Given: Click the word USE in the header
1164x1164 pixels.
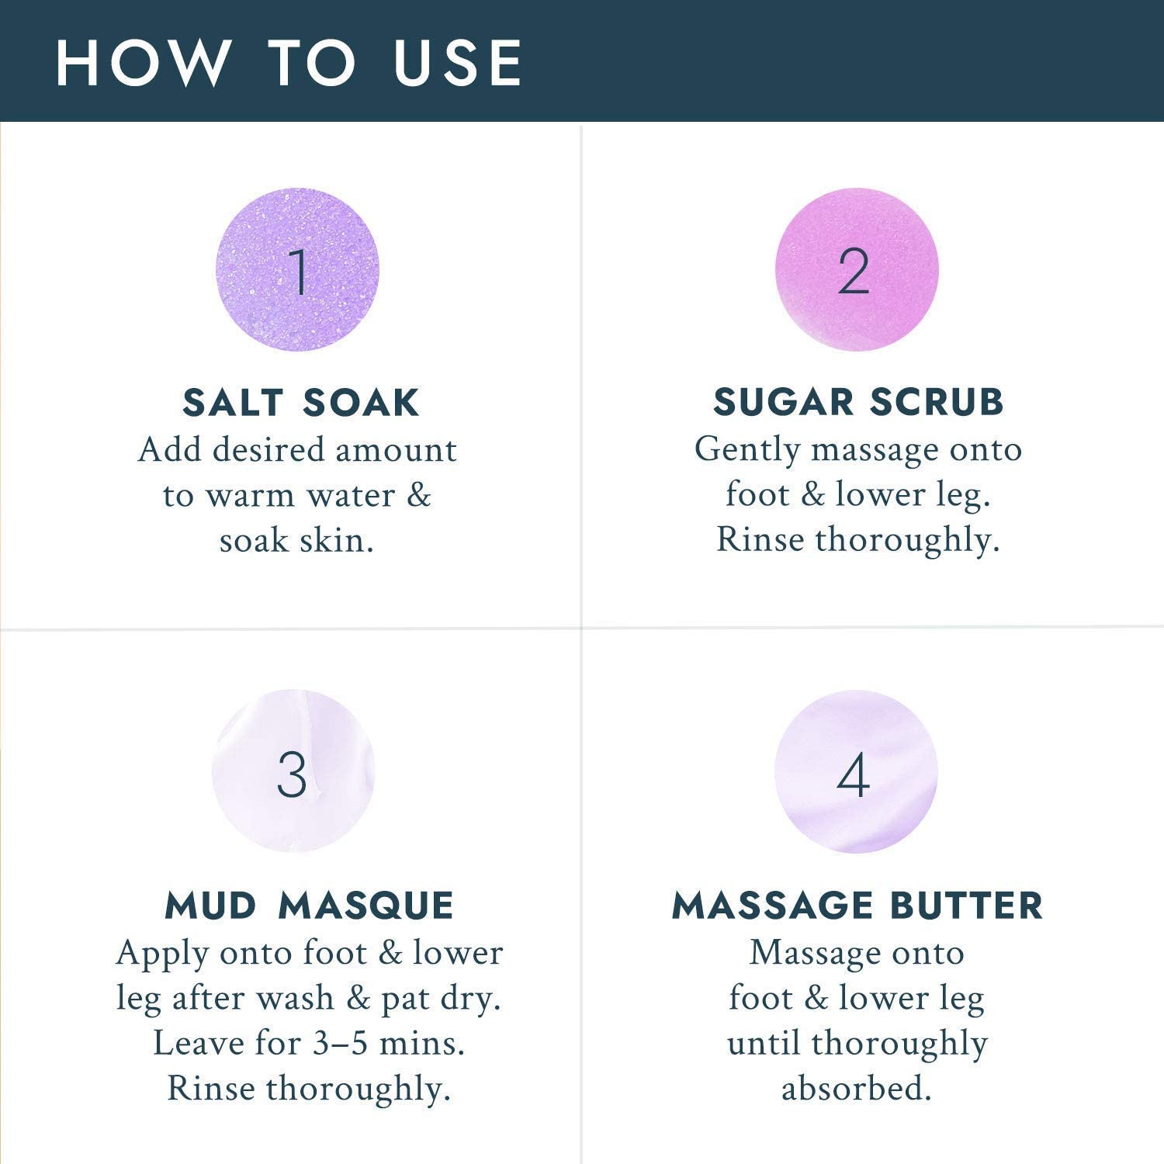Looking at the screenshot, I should (458, 62).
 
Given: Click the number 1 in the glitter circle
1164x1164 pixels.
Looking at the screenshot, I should (298, 271).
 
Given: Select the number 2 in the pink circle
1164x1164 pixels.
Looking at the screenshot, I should (854, 271).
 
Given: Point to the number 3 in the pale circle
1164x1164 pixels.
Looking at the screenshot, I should (292, 774).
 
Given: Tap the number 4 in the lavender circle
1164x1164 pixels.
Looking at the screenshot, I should (853, 774).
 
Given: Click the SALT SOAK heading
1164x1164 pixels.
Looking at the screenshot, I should (301, 403).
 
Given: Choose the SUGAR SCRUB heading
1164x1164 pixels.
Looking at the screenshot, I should (858, 402).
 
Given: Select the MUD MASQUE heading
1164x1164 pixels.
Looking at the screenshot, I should (309, 906).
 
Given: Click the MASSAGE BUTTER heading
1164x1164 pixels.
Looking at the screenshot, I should (857, 906).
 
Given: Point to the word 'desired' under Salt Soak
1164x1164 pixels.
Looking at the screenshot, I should (268, 450).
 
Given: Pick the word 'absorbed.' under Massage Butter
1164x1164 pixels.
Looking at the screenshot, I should (856, 1089).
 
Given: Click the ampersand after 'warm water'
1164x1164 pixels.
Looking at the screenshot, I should (418, 496).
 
